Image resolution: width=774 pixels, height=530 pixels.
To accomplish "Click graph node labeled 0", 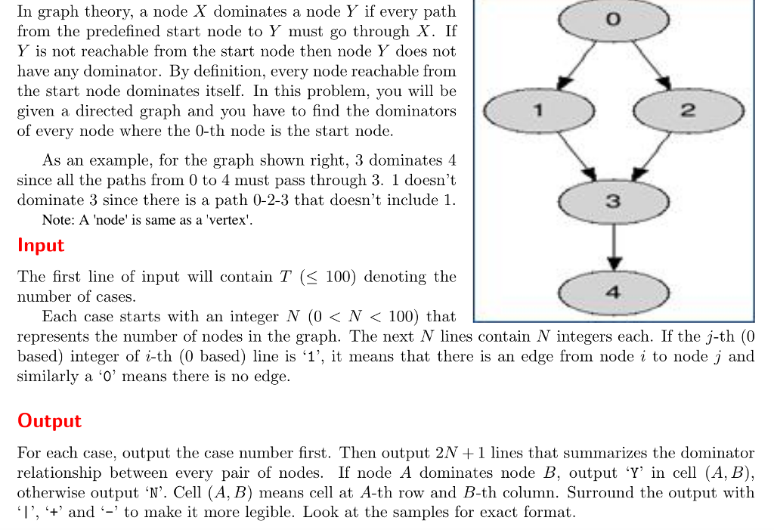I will pos(613,21).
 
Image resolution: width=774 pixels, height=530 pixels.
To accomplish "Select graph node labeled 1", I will pos(538,111).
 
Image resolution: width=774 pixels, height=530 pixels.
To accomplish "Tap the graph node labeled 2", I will pos(688,111).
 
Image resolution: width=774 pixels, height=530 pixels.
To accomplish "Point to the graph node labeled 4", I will pos(613,292).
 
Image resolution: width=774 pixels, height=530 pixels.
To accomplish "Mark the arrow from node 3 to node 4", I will pos(614,246).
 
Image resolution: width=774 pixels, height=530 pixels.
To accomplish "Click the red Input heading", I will pos(41,246).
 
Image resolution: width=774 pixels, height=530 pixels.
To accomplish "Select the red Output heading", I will pos(49,421).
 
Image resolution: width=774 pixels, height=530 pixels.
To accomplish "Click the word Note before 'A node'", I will pos(57,221).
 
